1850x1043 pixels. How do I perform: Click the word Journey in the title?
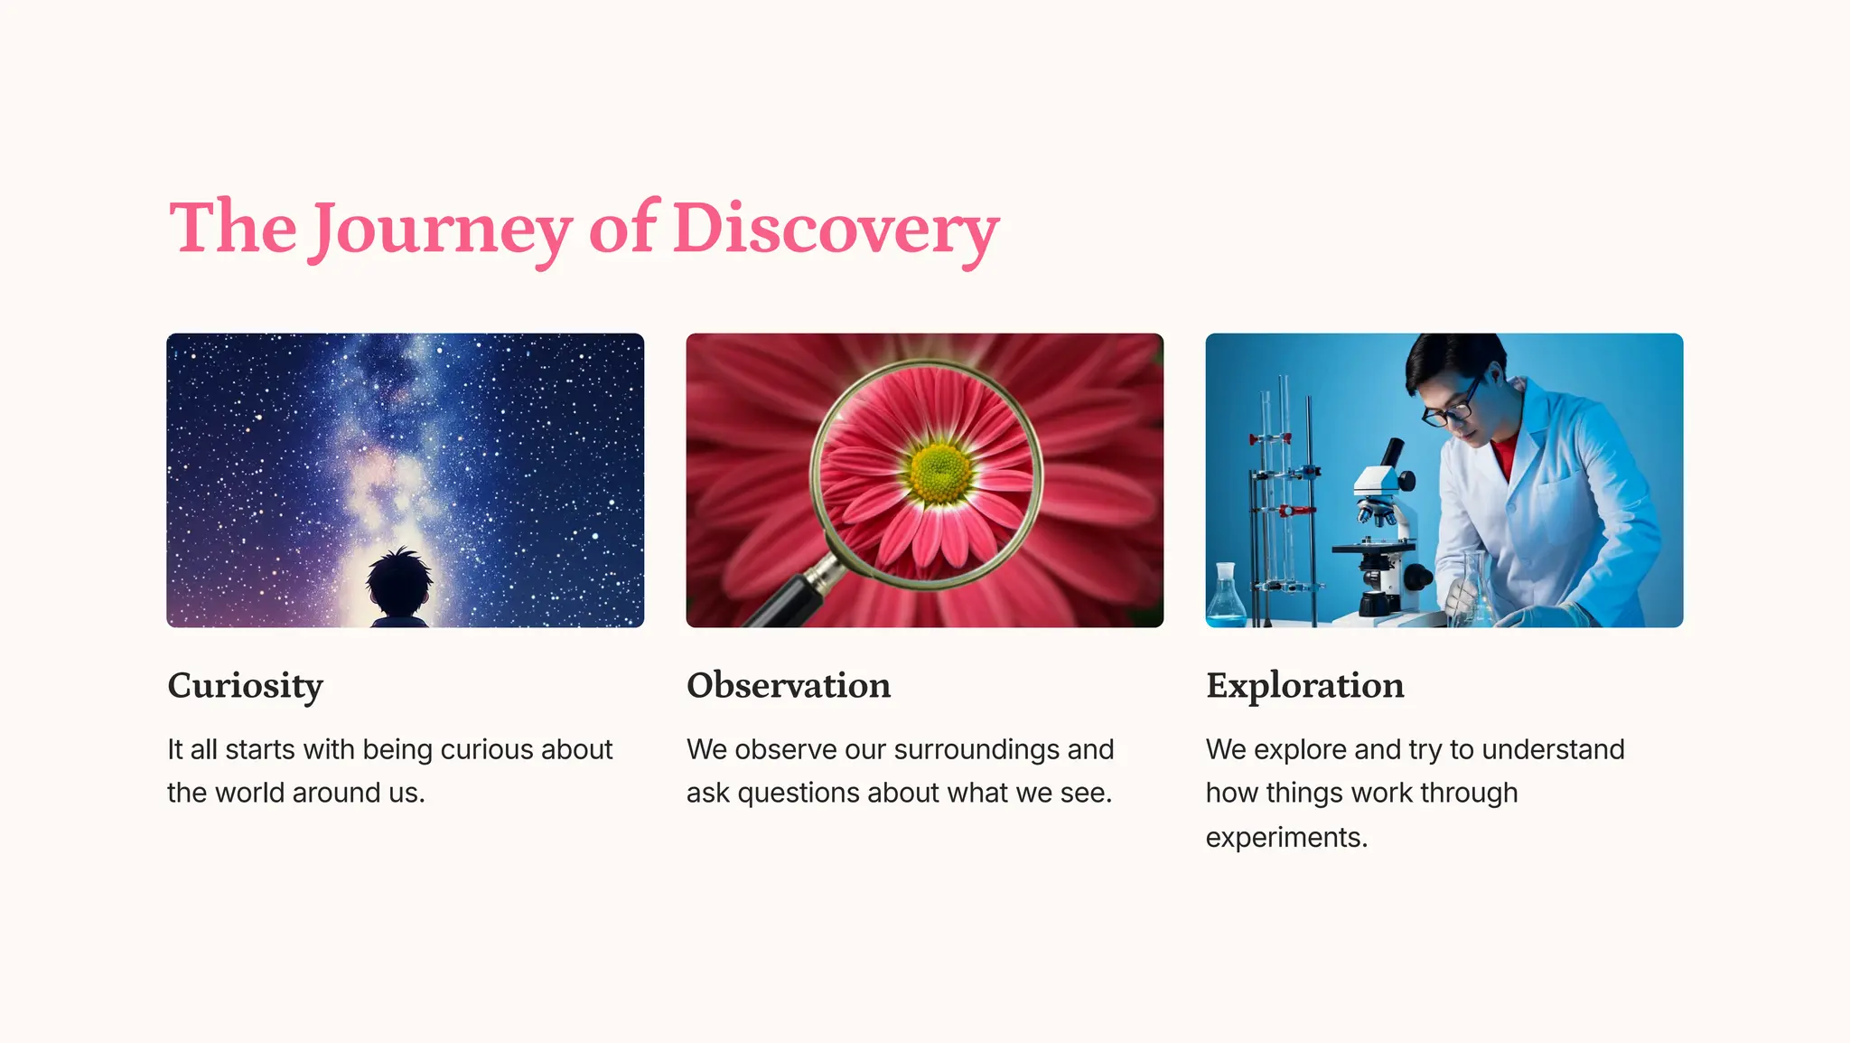point(443,230)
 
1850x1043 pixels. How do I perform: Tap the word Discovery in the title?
point(836,230)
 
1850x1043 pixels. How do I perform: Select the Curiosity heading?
point(245,686)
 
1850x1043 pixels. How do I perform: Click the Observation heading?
point(789,685)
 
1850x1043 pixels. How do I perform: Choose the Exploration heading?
point(1304,686)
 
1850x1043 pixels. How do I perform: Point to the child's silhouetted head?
point(400,582)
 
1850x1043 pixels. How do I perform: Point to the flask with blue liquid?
point(1226,601)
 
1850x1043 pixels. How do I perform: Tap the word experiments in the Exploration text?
point(1286,838)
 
